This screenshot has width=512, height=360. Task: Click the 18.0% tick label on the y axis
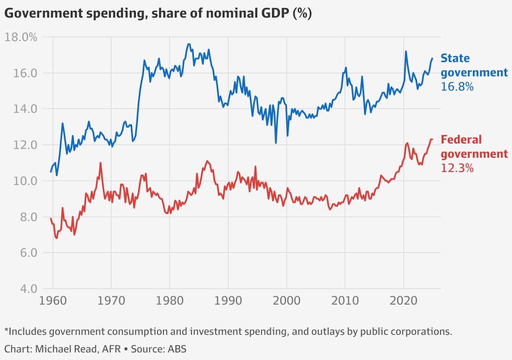click(21, 37)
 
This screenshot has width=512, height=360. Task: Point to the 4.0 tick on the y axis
click(26, 289)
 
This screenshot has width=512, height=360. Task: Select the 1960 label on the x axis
click(52, 301)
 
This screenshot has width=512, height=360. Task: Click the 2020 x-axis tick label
click(403, 301)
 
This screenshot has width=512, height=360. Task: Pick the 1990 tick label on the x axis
click(228, 301)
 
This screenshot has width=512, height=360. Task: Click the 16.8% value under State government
click(457, 87)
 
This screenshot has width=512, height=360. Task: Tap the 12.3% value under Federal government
click(457, 168)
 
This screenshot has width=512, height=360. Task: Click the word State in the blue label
click(455, 58)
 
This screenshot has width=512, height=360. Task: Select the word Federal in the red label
click(461, 140)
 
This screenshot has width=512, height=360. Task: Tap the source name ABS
click(178, 349)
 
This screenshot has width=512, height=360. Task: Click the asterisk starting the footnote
click(6, 331)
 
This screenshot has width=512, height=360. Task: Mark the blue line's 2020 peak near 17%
click(406, 51)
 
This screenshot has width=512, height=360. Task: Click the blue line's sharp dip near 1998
click(276, 143)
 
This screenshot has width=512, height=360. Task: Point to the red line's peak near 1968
click(101, 163)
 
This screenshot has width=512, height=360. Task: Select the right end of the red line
click(432, 139)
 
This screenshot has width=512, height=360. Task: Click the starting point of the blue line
click(51, 172)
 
